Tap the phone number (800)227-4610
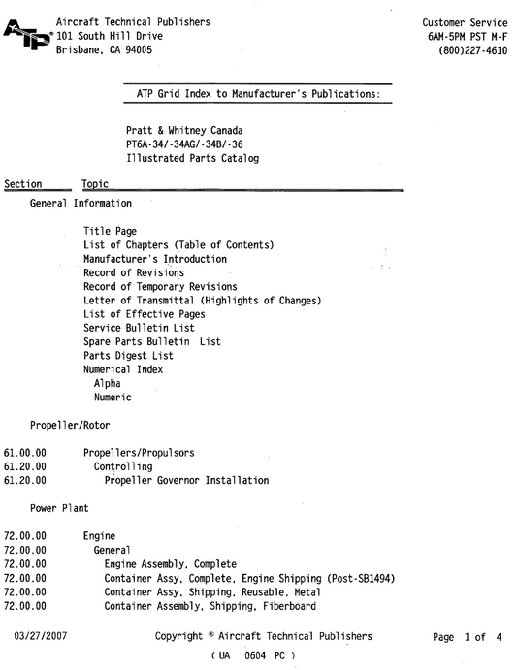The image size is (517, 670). pos(472,50)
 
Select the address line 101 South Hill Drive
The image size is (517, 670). pos(110,36)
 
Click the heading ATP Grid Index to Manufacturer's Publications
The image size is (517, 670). pos(257,93)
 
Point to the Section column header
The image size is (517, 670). pos(23,184)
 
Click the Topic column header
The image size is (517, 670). pos(95,184)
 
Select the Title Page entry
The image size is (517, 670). pos(110,232)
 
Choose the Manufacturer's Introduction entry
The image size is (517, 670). pos(155,259)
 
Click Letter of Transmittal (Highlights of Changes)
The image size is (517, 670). pos(202,301)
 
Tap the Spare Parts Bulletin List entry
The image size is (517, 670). pos(152,341)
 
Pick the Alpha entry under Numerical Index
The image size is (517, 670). pos(108,383)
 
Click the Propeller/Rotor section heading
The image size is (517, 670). pos(70,425)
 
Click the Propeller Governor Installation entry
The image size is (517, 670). pos(186,480)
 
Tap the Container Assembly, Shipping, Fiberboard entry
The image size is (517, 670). pos(210,606)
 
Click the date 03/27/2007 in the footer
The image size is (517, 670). pos(40,636)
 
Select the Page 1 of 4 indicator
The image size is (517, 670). pos(468,637)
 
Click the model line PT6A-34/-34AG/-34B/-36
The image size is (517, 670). pos(192,144)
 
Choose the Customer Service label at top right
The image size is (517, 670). pos(465,21)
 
